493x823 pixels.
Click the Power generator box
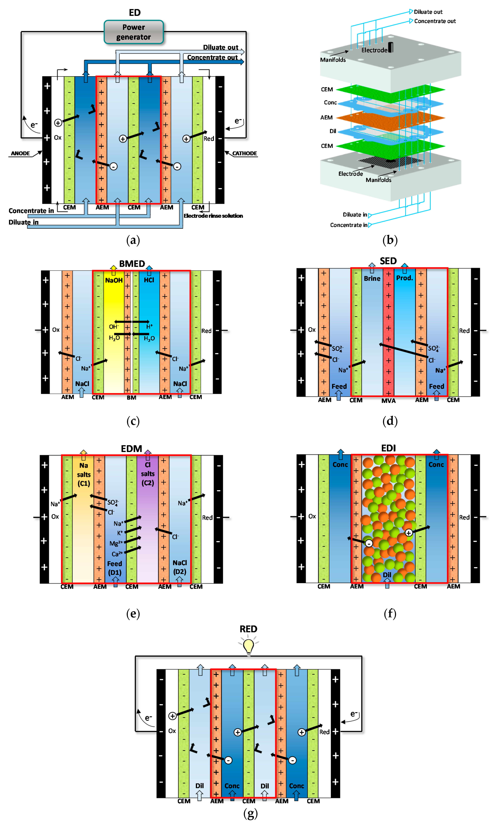tap(134, 32)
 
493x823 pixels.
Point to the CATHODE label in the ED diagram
tap(245, 153)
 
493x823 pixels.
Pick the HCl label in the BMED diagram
tap(149, 280)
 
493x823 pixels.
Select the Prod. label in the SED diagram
tap(404, 278)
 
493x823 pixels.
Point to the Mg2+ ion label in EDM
tap(116, 543)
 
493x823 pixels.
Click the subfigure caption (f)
tap(390, 613)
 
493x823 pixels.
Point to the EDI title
tap(388, 448)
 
